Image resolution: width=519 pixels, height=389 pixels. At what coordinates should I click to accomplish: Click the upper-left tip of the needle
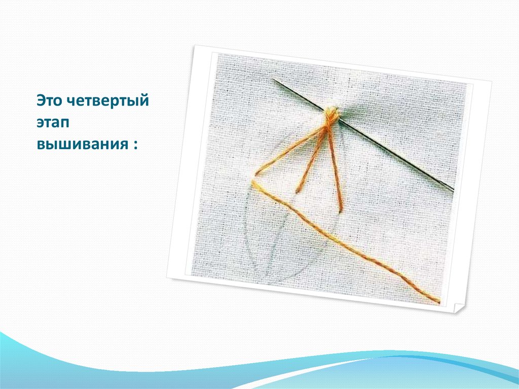coord(274,80)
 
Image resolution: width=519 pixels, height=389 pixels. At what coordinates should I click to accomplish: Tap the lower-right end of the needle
coord(453,191)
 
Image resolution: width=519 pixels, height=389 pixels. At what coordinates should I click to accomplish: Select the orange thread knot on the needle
coord(330,115)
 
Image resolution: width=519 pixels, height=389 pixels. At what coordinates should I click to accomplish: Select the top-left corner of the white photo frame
coord(194,46)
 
